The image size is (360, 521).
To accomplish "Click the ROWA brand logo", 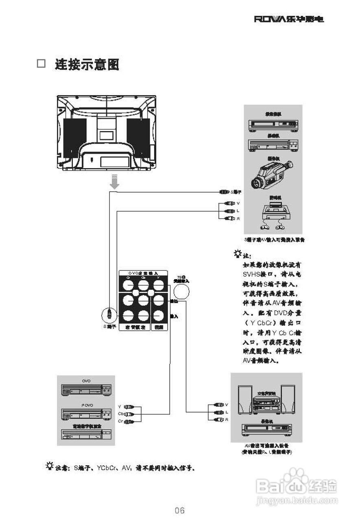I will [x=289, y=19].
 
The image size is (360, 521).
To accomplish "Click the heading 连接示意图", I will [x=87, y=64].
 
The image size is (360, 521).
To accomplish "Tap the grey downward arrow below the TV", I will [x=115, y=181].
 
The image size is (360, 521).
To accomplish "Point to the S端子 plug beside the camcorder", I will [x=225, y=191].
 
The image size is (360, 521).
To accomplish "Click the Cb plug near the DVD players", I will [x=129, y=414].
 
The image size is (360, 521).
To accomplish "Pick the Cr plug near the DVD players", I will [x=129, y=421].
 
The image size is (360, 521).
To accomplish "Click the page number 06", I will [x=180, y=510].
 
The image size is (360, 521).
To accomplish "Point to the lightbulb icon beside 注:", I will [x=237, y=255].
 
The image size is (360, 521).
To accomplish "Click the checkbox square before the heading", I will [x=41, y=64].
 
